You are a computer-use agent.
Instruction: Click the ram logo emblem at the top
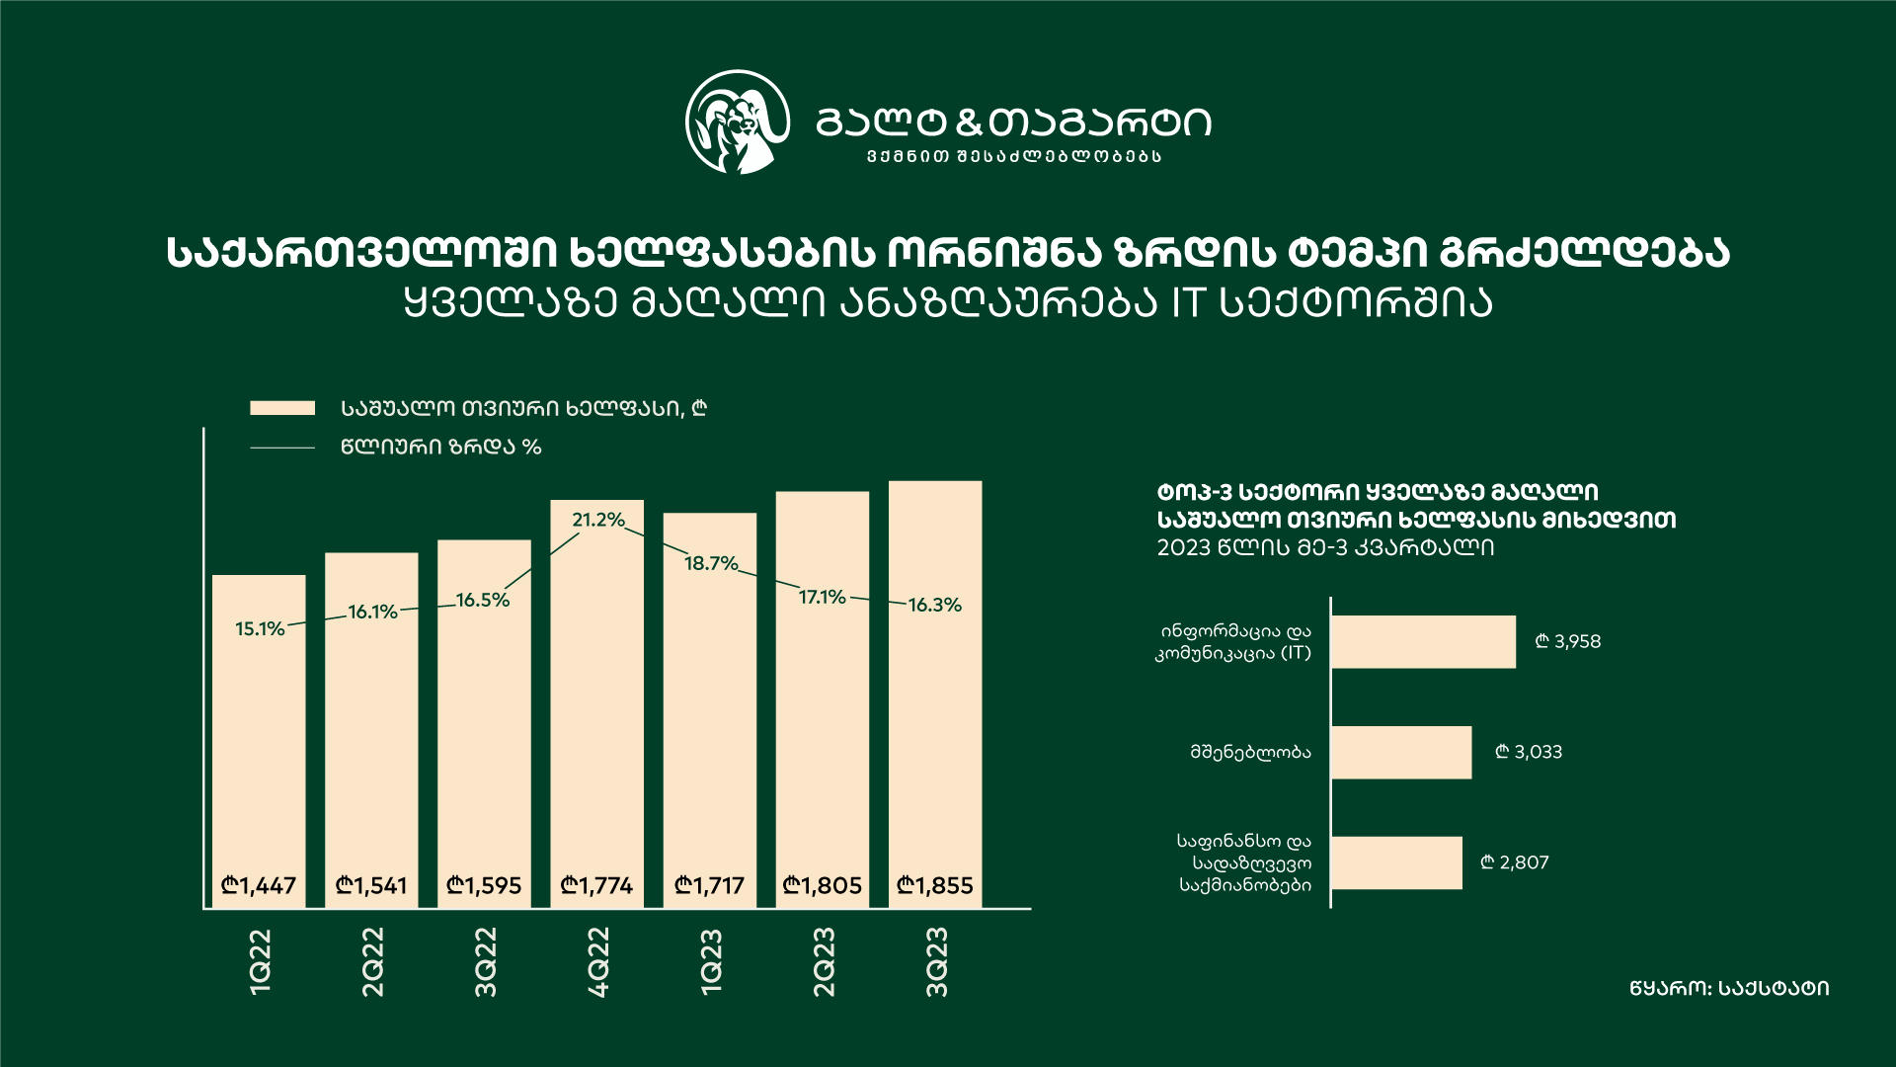tap(738, 123)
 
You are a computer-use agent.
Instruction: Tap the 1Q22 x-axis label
tap(260, 961)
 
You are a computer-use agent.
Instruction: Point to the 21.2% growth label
tap(598, 520)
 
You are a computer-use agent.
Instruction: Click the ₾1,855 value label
tap(934, 885)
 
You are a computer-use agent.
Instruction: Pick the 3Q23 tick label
tap(936, 961)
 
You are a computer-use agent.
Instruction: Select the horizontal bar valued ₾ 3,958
tap(1423, 642)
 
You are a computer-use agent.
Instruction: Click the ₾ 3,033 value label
tap(1529, 752)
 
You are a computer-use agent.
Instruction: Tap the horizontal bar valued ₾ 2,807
tap(1396, 862)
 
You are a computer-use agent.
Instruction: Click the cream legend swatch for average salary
tap(282, 408)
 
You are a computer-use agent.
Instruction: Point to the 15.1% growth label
tap(260, 628)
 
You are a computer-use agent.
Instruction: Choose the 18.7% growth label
tap(711, 563)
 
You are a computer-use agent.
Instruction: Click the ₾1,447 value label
tap(259, 885)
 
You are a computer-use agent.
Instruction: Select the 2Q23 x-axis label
tap(824, 961)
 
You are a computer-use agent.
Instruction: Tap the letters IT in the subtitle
tap(1188, 303)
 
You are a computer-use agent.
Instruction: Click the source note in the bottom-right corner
tap(1729, 988)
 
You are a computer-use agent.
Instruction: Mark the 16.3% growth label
tap(934, 605)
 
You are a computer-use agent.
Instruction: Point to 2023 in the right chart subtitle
tap(1183, 547)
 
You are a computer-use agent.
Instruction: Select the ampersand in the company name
tap(971, 123)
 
